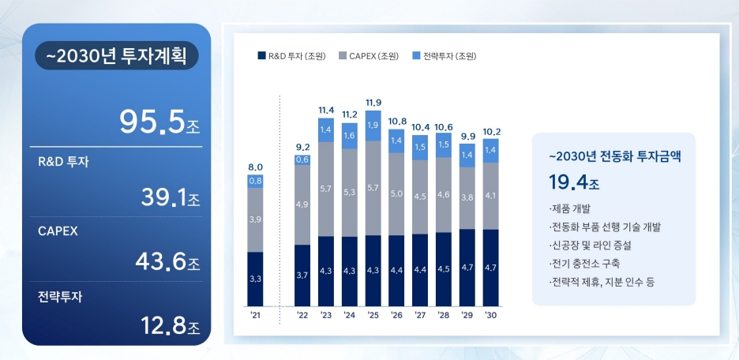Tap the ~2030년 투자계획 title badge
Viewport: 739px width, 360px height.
(x=117, y=58)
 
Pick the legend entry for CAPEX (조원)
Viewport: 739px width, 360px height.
(x=369, y=56)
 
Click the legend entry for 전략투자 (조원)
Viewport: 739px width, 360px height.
(x=445, y=56)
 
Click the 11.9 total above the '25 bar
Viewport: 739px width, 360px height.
(x=373, y=103)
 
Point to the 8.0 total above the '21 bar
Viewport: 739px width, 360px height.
(x=255, y=167)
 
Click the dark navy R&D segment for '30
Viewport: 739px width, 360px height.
(x=490, y=268)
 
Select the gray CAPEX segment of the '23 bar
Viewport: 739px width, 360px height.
(x=326, y=189)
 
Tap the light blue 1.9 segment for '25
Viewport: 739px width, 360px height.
(x=373, y=126)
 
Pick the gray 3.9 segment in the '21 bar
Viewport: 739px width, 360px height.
(x=255, y=219)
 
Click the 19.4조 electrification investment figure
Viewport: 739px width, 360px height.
(x=574, y=183)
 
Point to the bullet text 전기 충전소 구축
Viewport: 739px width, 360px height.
(x=583, y=263)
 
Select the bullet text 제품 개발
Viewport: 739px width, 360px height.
(x=568, y=209)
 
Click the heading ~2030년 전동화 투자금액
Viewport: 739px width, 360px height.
(x=614, y=156)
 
